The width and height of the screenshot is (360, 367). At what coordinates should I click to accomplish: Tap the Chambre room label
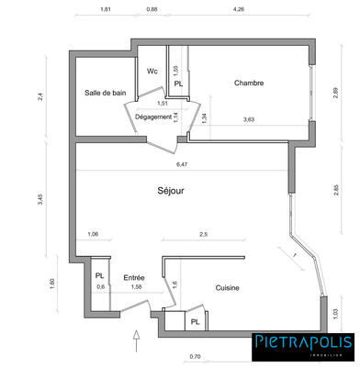click(249, 83)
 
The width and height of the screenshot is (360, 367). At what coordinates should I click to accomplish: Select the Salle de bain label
click(106, 93)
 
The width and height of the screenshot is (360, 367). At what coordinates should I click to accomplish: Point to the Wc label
click(152, 71)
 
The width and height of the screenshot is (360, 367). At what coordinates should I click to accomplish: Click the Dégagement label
click(154, 117)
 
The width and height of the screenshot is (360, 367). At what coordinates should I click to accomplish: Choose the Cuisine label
click(228, 288)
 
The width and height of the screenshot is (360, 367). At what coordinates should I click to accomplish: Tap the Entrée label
click(135, 277)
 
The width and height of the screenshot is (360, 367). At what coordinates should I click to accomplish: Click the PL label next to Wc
click(178, 83)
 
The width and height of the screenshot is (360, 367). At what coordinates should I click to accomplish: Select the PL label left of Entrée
click(98, 275)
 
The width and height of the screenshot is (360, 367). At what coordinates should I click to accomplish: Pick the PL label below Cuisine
click(195, 321)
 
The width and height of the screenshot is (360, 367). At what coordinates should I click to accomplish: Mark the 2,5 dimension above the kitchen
click(202, 235)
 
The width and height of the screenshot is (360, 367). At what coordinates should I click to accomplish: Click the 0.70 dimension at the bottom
click(195, 355)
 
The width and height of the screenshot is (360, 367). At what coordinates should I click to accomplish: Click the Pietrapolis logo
click(302, 346)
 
